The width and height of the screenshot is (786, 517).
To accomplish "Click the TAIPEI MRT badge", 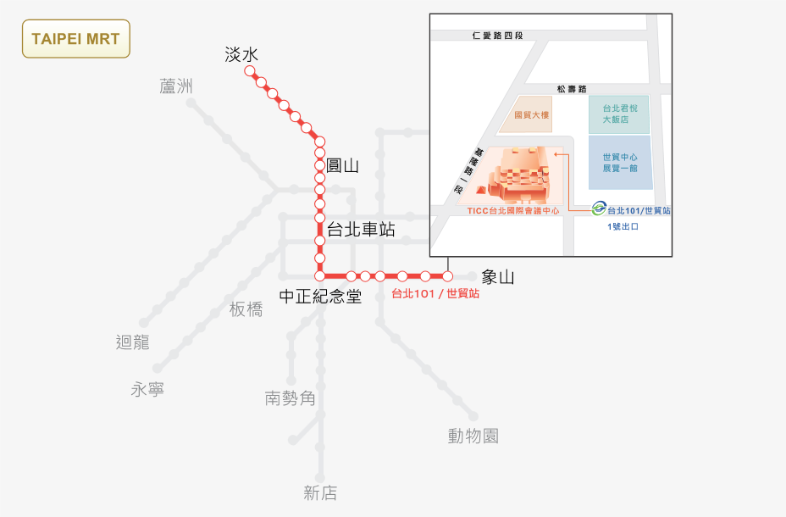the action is tap(76, 39).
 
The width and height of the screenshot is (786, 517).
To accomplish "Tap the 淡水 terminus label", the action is tap(241, 54).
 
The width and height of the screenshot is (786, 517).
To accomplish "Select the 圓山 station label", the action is tap(342, 165).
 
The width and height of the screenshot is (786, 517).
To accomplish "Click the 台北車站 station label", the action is tap(361, 229).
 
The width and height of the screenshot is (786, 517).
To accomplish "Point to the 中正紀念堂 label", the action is tap(320, 296).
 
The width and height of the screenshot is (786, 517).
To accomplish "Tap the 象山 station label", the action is tap(498, 277).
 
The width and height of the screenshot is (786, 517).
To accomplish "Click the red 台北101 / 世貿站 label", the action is tap(435, 293).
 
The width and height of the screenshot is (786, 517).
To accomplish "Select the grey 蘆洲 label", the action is tap(176, 86).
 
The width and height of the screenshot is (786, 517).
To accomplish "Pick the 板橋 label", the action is tap(246, 309).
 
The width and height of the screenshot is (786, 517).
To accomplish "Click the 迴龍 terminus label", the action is tap(133, 342).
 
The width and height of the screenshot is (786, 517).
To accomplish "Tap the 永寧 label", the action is tap(147, 389).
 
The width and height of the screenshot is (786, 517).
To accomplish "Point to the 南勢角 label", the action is tap(291, 398).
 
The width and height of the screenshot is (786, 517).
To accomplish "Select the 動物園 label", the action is tap(473, 436).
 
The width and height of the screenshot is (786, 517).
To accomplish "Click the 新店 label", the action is tap(320, 493).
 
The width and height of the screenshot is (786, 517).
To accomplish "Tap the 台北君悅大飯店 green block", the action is tap(620, 114).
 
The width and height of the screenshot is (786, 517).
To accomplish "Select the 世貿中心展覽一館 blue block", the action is tap(621, 163).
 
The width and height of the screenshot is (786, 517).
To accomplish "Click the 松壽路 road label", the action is tap(572, 89).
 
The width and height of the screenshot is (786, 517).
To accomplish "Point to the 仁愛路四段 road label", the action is tap(498, 36).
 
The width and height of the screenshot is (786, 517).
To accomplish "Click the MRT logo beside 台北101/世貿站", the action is tap(599, 208).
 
